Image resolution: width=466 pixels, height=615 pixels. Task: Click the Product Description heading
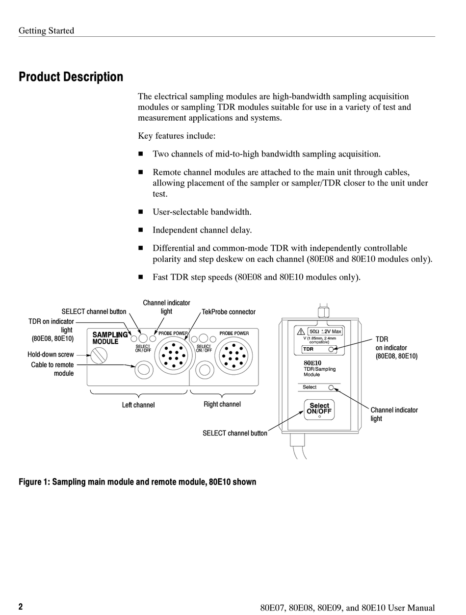coord(71,77)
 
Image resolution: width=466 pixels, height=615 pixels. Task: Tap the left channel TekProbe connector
coord(172,354)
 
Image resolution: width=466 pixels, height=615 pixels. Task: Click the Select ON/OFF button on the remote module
coord(319,409)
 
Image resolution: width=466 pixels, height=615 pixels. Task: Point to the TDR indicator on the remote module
coord(332,349)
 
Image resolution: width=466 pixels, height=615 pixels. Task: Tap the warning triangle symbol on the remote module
coord(301,332)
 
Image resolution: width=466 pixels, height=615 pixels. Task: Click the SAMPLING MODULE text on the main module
coord(110,338)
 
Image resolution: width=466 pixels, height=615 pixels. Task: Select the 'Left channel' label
coord(138,405)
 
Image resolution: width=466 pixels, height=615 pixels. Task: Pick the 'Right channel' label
coord(222,404)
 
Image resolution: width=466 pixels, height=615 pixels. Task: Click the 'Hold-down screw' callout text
coord(51,355)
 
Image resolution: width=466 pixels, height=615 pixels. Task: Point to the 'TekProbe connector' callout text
coord(229,312)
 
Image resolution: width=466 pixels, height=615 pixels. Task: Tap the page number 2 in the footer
coord(21,607)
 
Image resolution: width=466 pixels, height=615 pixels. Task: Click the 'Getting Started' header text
coord(46,30)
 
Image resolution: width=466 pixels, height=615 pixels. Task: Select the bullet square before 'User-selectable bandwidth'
coord(140,212)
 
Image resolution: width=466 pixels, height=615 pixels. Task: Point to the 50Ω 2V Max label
coord(325,332)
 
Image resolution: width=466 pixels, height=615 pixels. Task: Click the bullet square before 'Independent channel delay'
coord(140,230)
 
